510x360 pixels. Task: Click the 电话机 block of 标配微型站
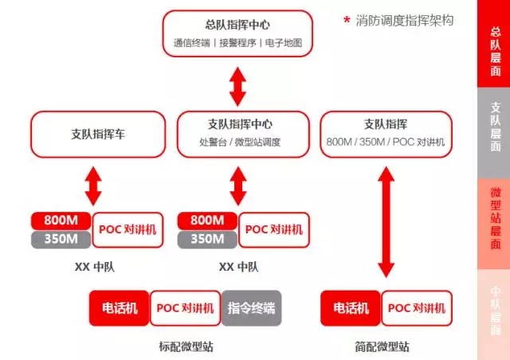(x=120, y=308)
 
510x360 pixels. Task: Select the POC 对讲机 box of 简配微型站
(x=418, y=308)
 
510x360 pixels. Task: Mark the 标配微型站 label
(x=186, y=346)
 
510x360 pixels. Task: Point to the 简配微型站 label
(x=383, y=346)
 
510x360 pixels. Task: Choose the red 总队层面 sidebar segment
(x=494, y=44)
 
